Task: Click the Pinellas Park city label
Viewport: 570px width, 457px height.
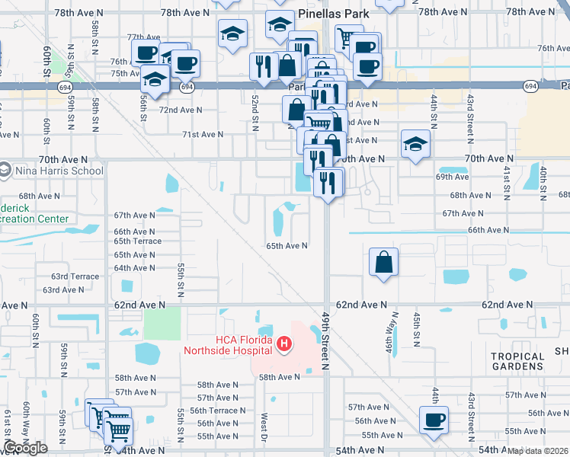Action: coord(334,14)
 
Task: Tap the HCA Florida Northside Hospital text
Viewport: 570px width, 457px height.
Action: coord(227,345)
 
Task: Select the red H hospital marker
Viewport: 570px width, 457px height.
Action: coord(283,345)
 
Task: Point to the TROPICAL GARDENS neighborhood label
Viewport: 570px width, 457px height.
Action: coord(517,362)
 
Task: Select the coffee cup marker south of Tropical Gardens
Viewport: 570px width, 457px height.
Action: coord(434,419)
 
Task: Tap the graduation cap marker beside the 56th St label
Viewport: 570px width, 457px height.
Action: coord(155,78)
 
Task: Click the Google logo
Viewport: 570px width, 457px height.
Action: coord(25,448)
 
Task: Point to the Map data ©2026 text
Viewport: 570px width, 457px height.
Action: coord(538,451)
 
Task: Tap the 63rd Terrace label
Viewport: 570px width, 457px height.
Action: coord(75,276)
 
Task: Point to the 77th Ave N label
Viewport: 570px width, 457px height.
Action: coord(143,37)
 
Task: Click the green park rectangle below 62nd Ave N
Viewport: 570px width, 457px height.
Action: coord(162,324)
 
